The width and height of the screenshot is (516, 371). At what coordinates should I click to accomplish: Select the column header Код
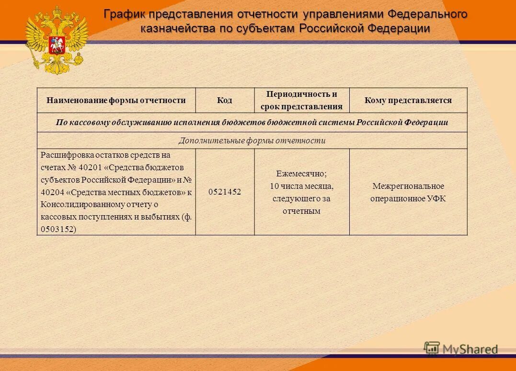[x=224, y=100]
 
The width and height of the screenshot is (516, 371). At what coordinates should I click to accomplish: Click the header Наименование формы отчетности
[x=116, y=100]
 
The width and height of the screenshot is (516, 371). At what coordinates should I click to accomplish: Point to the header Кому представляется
[x=408, y=100]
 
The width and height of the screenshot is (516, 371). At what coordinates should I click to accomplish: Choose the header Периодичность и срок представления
[x=301, y=100]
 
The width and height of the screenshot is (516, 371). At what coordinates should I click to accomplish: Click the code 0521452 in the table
[x=225, y=192]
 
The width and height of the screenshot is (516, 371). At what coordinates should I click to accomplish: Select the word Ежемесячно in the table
[x=301, y=174]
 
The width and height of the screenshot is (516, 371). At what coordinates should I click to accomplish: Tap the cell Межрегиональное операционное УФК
[x=408, y=192]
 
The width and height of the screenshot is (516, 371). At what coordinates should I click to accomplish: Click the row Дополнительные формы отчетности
[x=252, y=140]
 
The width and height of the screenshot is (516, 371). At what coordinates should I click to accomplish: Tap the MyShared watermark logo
[x=460, y=349]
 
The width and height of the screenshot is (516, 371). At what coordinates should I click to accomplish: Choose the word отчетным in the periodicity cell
[x=301, y=211]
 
